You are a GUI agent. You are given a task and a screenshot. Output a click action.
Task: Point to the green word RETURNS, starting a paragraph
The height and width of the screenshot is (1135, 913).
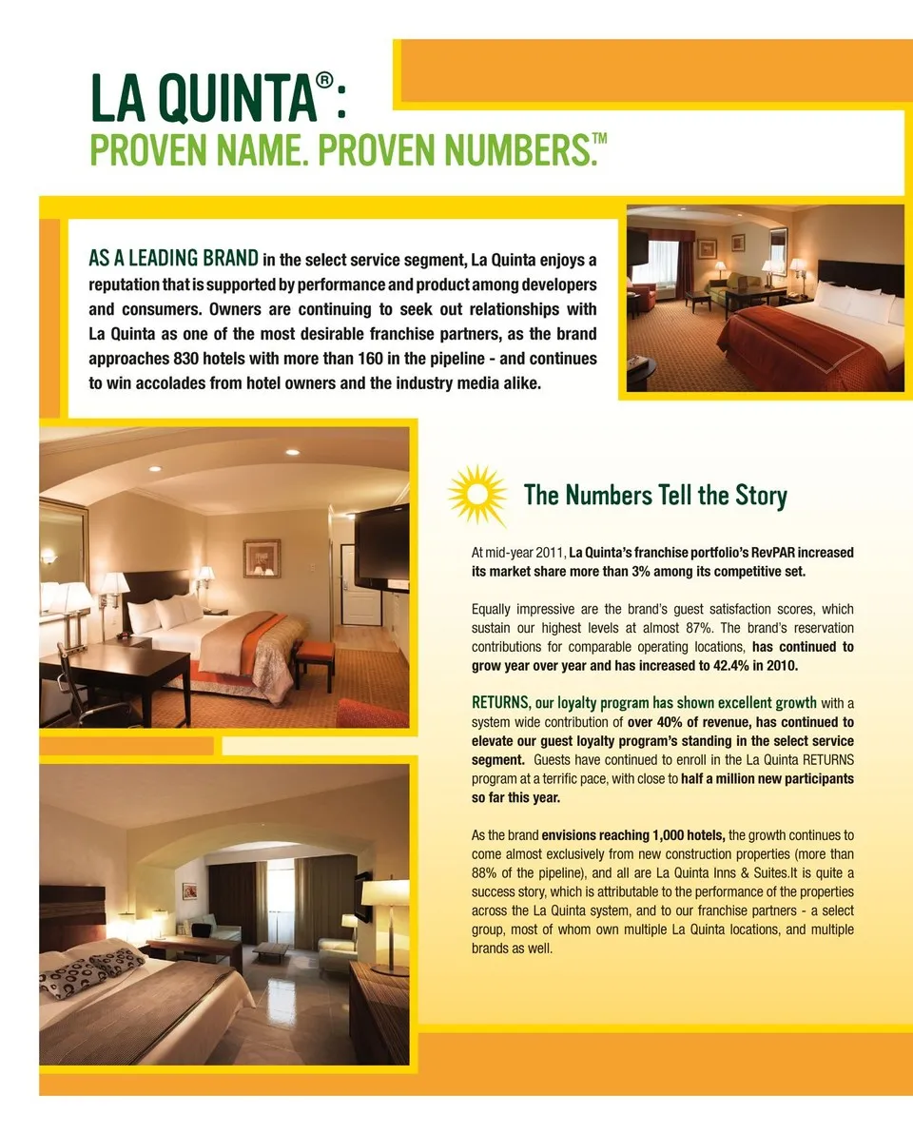click(500, 703)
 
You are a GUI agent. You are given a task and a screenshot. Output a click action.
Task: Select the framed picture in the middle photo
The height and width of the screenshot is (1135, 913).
click(261, 558)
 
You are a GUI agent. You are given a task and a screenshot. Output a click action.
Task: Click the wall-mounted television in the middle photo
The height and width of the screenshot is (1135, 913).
click(382, 547)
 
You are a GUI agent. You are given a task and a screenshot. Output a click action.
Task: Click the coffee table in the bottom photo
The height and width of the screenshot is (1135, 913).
click(272, 950)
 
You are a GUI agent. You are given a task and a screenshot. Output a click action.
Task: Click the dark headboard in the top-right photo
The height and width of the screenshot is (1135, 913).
click(861, 276)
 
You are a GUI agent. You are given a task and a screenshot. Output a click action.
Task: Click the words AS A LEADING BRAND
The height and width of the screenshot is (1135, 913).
click(173, 258)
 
